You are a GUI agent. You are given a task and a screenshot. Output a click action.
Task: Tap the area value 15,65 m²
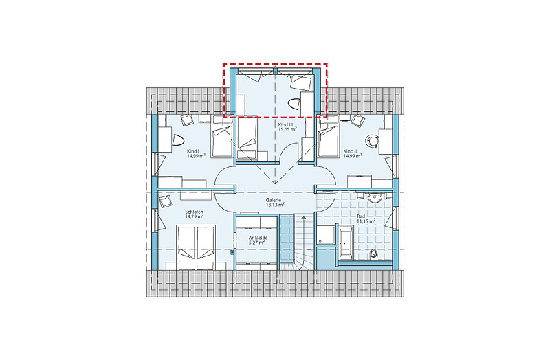pyautogui.click(x=287, y=129)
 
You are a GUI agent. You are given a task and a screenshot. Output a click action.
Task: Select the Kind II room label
pyautogui.click(x=351, y=151)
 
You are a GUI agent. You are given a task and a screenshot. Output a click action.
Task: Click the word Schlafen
pyautogui.click(x=195, y=212)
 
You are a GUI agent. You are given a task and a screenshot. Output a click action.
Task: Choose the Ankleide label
pyautogui.click(x=258, y=238)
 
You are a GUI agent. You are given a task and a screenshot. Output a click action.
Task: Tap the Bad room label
pyautogui.click(x=362, y=216)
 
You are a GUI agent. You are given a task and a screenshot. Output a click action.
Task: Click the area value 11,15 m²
pyautogui.click(x=366, y=221)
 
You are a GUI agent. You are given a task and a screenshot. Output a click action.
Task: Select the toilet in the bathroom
pyautogui.click(x=373, y=254)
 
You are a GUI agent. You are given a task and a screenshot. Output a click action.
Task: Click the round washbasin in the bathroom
pyautogui.click(x=375, y=199)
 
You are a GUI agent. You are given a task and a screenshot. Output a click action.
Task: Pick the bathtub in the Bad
pyautogui.click(x=346, y=243)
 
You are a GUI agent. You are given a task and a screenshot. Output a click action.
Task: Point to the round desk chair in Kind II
pyautogui.click(x=372, y=140)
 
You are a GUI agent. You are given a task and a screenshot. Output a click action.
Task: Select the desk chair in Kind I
pyautogui.click(x=178, y=141)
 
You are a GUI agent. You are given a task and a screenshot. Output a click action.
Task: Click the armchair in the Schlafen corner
pyautogui.click(x=165, y=202)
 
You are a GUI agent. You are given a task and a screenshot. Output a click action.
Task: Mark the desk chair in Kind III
pyautogui.click(x=294, y=103)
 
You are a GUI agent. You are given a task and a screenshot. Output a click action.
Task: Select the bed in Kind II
pyautogui.click(x=329, y=141)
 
